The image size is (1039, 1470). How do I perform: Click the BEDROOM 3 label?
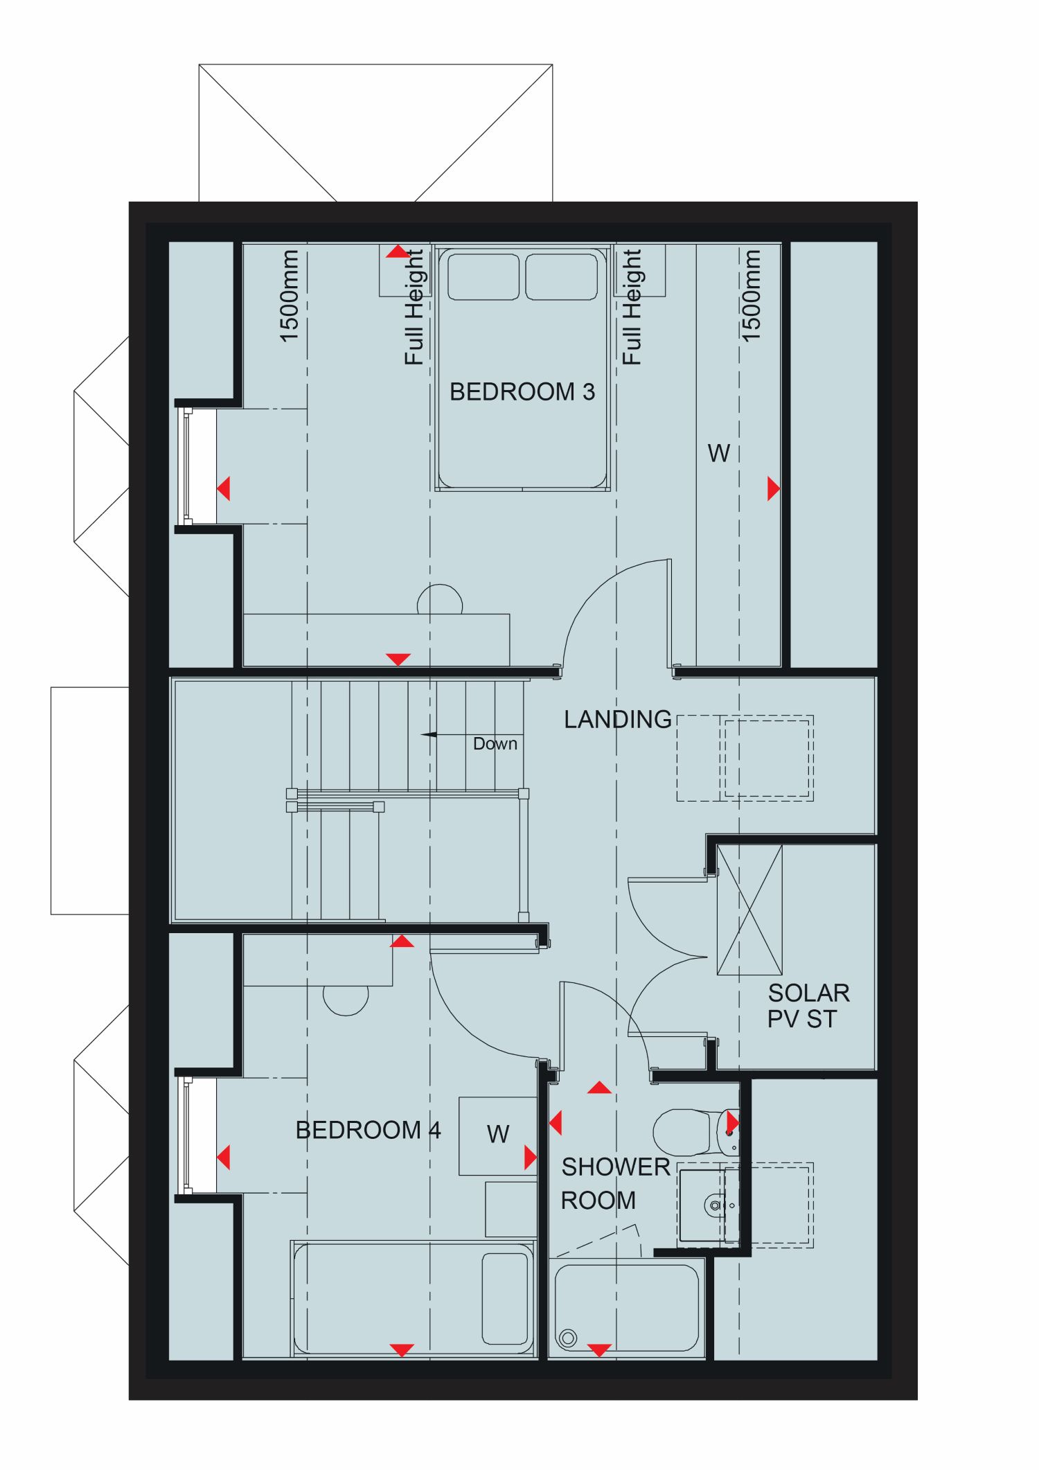click(522, 392)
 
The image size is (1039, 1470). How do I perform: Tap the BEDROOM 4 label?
click(368, 1131)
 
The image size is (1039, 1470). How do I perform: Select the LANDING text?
click(617, 720)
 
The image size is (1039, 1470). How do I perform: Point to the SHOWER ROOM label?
click(615, 1183)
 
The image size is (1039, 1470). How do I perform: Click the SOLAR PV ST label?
click(808, 1006)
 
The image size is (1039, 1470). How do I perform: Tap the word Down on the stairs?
click(495, 744)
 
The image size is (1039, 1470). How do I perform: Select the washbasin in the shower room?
click(709, 1206)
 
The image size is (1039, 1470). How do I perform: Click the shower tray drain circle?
click(568, 1338)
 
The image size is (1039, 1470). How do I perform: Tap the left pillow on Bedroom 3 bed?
click(483, 276)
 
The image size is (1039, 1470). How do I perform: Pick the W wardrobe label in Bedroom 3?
click(718, 454)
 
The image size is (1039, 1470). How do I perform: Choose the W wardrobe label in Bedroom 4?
click(498, 1135)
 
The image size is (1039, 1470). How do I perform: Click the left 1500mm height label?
click(290, 296)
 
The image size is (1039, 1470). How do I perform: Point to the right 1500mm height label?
click(751, 296)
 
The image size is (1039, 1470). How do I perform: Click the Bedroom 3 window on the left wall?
click(187, 466)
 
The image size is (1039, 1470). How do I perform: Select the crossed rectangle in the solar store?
click(749, 910)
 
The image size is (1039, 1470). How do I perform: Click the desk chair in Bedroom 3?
click(440, 599)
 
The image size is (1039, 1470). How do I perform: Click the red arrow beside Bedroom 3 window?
click(223, 488)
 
